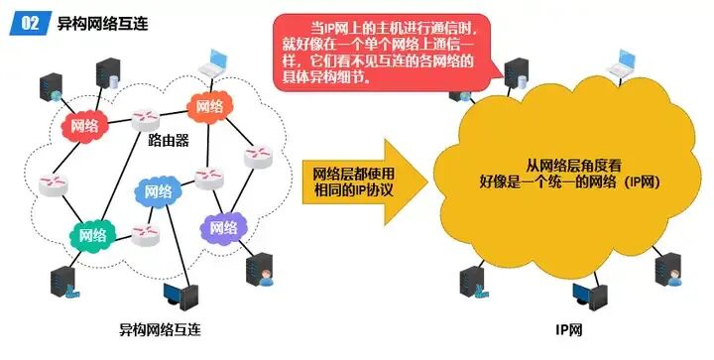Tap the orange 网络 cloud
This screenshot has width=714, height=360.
click(x=208, y=107)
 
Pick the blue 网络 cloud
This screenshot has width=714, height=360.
click(x=156, y=190)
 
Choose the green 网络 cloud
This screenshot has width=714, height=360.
click(x=92, y=235)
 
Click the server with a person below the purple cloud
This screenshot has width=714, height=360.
click(x=259, y=272)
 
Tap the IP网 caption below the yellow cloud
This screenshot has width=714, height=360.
click(x=569, y=328)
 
